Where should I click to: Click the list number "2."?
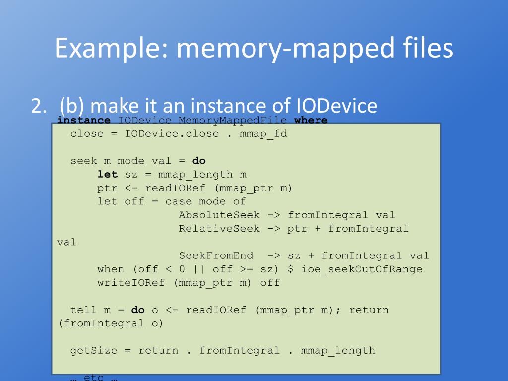click(x=39, y=106)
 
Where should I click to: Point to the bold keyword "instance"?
click(x=84, y=120)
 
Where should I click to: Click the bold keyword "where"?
click(x=311, y=120)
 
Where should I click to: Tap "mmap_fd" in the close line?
click(x=263, y=134)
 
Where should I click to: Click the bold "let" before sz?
click(x=108, y=175)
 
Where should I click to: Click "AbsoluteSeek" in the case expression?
click(x=219, y=215)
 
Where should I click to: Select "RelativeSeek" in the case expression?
click(x=219, y=229)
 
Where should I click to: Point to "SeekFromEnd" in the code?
click(x=216, y=256)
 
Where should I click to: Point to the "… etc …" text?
click(x=94, y=378)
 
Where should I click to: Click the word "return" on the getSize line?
click(x=158, y=351)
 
